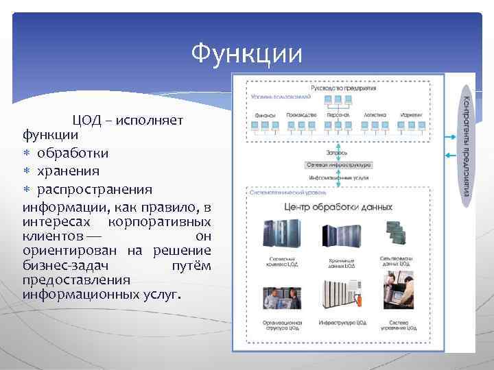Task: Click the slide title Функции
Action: [246, 52]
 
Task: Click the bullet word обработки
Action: [72, 152]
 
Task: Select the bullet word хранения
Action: [68, 170]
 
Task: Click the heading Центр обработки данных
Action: [338, 206]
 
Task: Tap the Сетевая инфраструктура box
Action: [339, 164]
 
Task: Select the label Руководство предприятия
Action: [344, 88]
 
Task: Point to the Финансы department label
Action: [265, 115]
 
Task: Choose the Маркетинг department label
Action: [412, 115]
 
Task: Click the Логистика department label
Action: [375, 115]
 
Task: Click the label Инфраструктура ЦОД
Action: [342, 321]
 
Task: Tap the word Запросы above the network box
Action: [337, 152]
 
